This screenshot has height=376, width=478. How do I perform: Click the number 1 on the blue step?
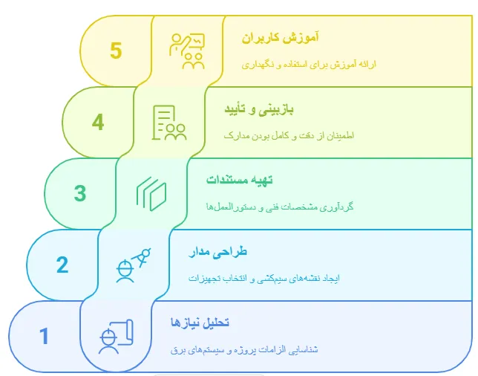point(44,336)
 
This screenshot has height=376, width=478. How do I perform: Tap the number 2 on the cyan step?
point(62,265)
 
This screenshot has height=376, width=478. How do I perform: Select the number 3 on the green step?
point(80,193)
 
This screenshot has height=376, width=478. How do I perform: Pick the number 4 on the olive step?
point(98,122)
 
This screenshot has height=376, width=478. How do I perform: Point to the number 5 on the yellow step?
point(115,51)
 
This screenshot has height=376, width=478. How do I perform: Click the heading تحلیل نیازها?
point(200,322)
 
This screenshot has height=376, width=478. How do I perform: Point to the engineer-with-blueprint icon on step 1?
point(116,337)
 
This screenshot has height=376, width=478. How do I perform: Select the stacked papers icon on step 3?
point(151,194)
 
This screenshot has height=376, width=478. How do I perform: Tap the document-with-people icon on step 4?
point(169,123)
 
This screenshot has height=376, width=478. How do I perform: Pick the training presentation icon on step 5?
point(187,51)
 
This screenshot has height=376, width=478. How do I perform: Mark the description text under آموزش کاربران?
point(309,65)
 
